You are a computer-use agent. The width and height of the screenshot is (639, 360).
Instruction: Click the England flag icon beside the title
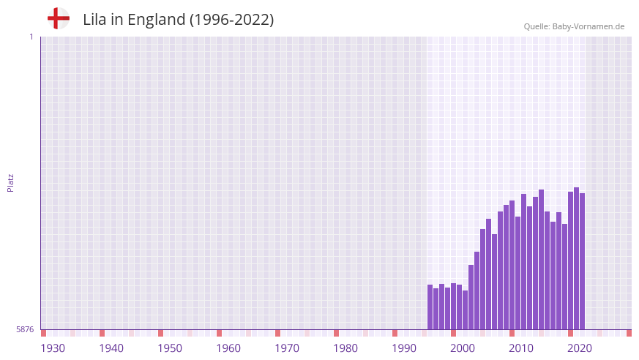(x=58, y=19)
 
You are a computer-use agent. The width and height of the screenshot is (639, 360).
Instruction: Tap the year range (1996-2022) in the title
(x=232, y=20)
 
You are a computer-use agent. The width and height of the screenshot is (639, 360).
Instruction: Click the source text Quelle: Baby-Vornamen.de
(x=574, y=26)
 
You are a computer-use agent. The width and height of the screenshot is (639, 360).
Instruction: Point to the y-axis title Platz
(x=10, y=183)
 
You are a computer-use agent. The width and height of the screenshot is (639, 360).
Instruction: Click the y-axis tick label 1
(x=31, y=37)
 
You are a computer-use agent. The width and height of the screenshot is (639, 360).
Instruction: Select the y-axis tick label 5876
(x=25, y=330)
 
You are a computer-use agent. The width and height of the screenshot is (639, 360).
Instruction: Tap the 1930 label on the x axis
(x=53, y=348)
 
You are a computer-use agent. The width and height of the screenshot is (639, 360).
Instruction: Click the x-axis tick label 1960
(x=228, y=348)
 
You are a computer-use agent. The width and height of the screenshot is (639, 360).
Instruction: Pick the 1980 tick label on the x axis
(x=345, y=348)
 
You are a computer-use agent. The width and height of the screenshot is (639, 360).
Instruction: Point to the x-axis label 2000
(x=463, y=348)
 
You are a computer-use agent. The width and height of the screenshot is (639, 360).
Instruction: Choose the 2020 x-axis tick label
(x=580, y=348)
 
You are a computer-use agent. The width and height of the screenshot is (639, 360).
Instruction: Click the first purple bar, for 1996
(x=430, y=307)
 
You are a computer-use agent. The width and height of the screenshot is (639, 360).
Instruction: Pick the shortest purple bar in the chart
(x=466, y=310)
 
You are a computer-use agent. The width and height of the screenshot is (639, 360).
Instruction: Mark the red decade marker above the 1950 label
(x=160, y=333)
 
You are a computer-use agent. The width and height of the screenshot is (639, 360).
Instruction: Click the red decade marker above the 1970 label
(x=277, y=333)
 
